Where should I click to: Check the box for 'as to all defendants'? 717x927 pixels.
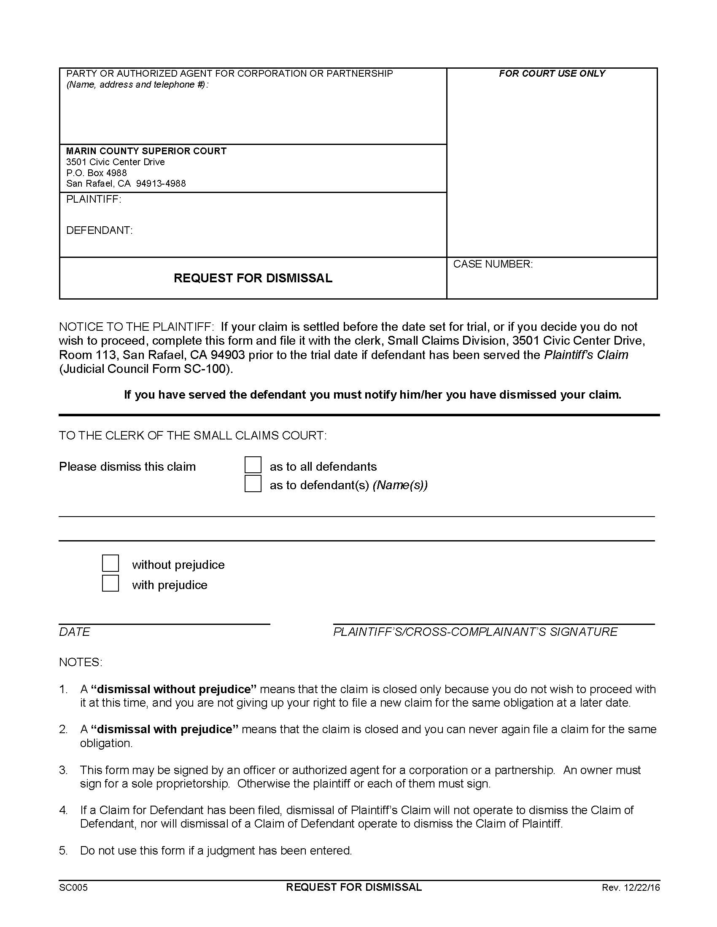pos(253,465)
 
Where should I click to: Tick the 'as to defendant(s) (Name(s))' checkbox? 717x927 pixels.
pos(253,484)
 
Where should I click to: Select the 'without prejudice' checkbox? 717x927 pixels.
pos(111,563)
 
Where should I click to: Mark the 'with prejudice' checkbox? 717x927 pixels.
pos(111,584)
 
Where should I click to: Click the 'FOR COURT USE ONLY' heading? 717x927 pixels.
pos(552,73)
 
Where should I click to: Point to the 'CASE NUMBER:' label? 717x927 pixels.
pos(493,264)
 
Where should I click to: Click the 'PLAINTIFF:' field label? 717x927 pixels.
pos(94,199)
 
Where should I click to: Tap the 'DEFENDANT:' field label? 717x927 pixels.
pos(100,230)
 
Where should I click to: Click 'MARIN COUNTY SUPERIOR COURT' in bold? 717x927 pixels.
pos(146,151)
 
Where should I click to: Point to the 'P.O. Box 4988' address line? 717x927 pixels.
pos(97,173)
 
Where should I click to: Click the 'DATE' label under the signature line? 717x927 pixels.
pos(74,632)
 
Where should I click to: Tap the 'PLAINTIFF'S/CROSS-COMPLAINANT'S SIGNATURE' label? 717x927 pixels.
pos(475,632)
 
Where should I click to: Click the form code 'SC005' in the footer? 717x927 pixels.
pos(73,887)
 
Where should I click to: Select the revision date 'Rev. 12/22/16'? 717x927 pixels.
pos(631,887)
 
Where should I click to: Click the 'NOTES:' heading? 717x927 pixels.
pos(81,662)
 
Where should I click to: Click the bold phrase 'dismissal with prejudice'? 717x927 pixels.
pos(165,729)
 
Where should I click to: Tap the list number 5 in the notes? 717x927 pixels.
pos(63,851)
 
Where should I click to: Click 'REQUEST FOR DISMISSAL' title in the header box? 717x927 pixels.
pos(253,278)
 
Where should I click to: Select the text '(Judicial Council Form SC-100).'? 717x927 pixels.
pos(146,369)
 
